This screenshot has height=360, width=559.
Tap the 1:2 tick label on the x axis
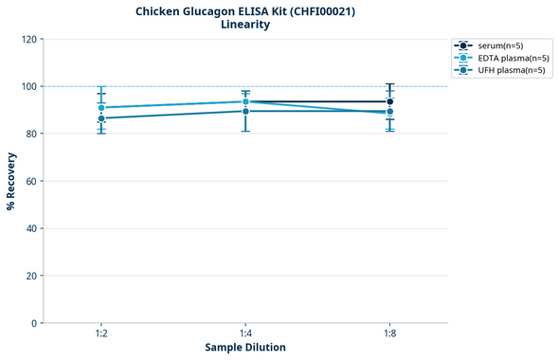(100, 334)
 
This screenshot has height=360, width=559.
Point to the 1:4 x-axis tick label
(245, 334)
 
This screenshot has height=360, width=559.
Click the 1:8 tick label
(389, 334)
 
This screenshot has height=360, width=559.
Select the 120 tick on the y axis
(27, 39)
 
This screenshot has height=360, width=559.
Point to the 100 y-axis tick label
(27, 86)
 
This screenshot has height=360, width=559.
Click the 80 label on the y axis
(30, 134)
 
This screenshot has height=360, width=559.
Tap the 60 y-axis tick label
(30, 181)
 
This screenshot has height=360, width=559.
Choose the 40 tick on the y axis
(30, 228)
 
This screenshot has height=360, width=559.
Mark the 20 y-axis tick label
(30, 276)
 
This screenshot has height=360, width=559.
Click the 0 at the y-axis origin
(34, 323)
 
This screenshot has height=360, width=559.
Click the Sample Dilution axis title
(245, 348)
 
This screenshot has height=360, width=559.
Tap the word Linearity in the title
(244, 25)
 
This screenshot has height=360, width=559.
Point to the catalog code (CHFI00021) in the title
(319, 10)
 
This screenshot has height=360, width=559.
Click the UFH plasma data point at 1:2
(101, 118)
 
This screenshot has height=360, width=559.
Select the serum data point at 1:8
(389, 101)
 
